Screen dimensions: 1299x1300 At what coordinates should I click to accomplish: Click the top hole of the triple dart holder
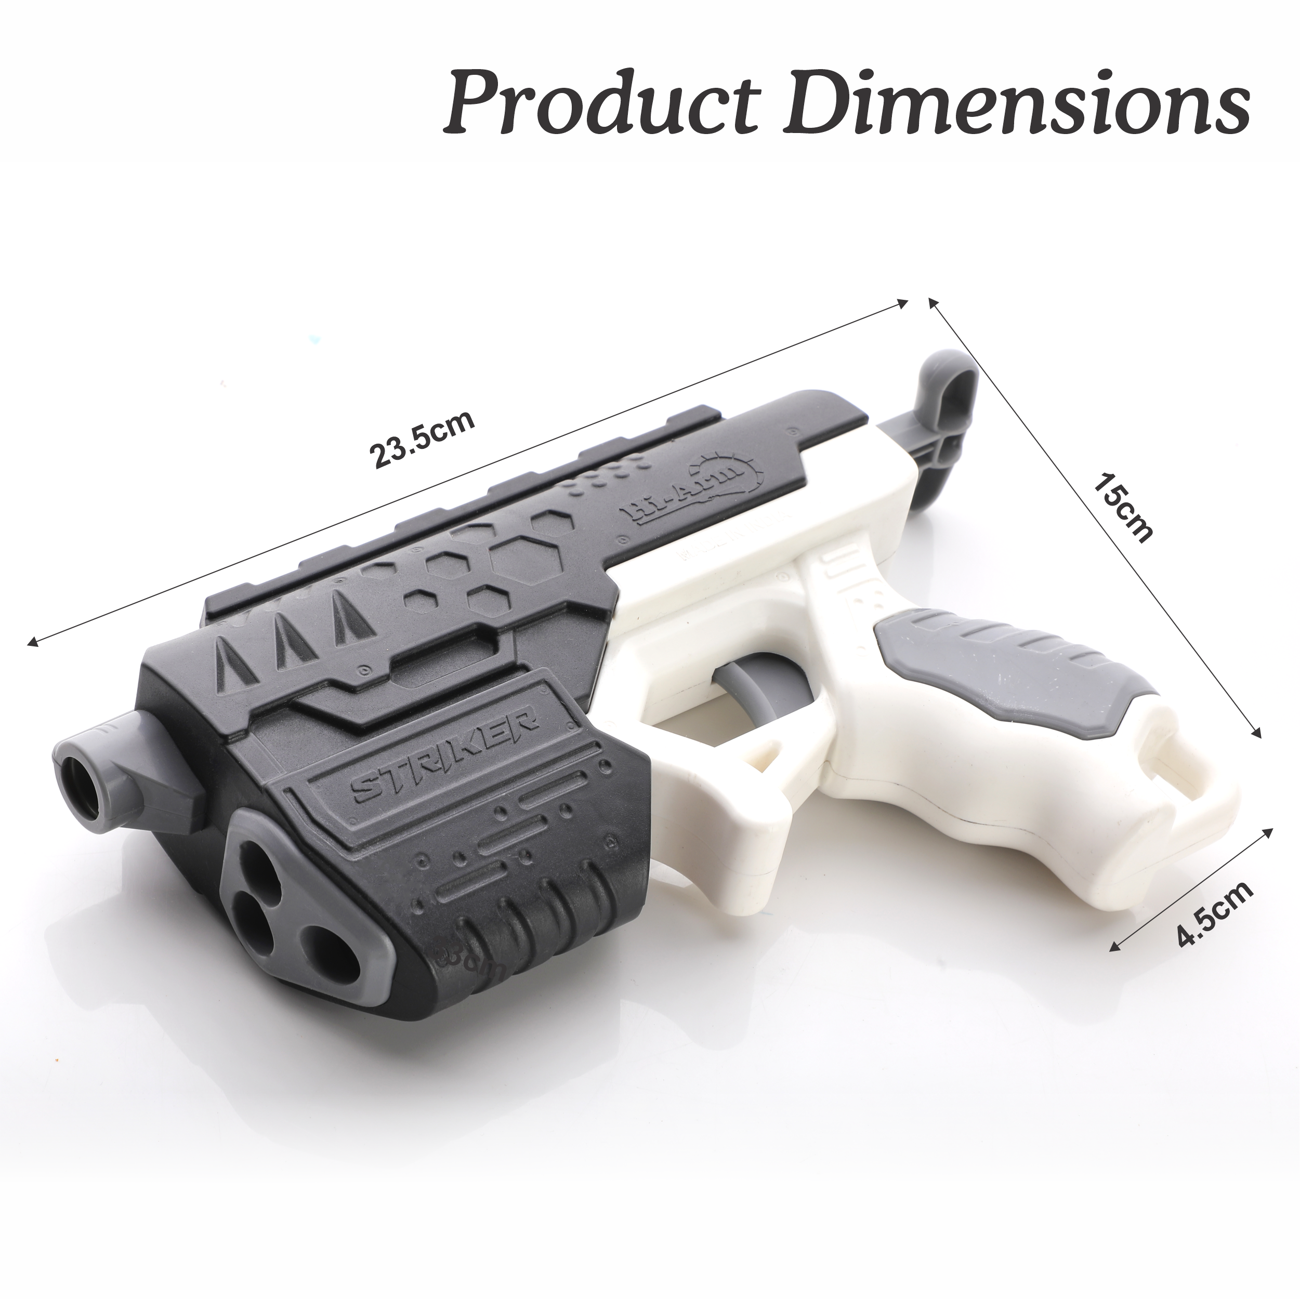point(259,865)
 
